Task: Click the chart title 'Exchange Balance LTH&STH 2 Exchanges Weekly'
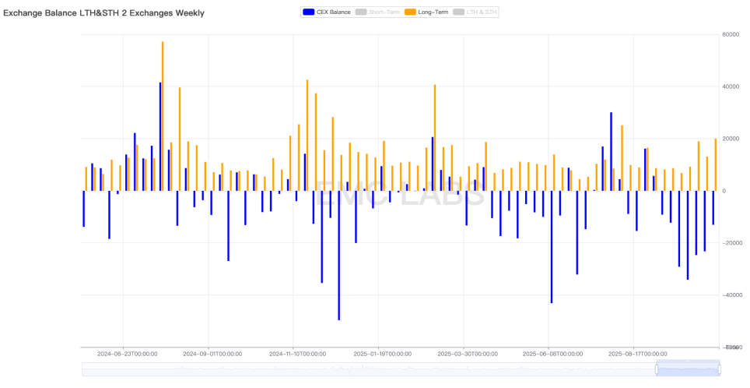click(x=103, y=12)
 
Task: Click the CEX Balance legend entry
click(x=327, y=12)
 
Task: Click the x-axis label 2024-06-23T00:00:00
click(x=127, y=354)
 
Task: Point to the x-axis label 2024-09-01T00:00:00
click(x=212, y=354)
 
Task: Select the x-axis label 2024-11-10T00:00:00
click(x=296, y=354)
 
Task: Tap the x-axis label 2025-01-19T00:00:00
click(x=381, y=354)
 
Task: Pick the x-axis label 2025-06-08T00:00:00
click(x=552, y=354)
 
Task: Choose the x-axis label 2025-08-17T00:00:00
click(x=636, y=354)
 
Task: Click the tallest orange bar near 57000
click(x=163, y=117)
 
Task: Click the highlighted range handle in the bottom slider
click(x=687, y=369)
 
